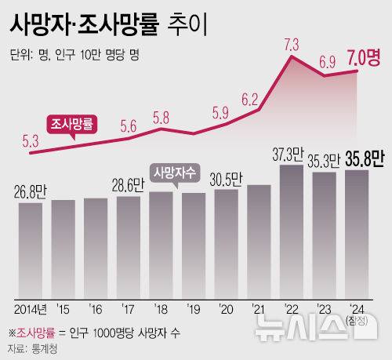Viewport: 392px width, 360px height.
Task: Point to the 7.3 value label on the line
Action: click(292, 42)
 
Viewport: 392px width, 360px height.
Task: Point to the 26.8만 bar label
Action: click(30, 190)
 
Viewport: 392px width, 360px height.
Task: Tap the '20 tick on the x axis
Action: click(225, 308)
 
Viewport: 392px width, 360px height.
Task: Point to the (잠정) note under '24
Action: click(357, 318)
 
